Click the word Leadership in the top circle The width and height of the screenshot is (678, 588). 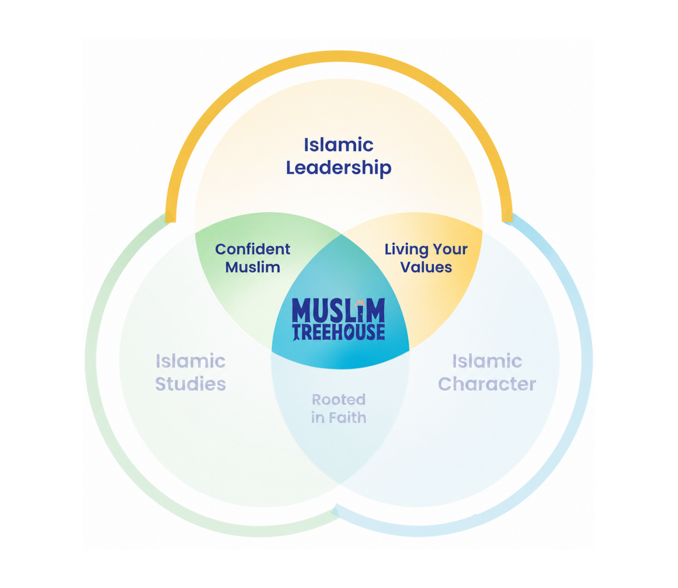(x=339, y=168)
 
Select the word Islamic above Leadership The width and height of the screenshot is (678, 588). (x=339, y=145)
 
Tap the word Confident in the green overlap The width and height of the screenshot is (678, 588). (x=253, y=249)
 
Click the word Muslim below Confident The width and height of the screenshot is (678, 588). (x=253, y=267)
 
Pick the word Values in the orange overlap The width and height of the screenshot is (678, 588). (x=426, y=267)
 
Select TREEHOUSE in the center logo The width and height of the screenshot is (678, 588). (x=339, y=332)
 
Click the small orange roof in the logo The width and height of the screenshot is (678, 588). (x=360, y=303)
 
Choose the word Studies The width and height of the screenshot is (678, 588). (x=191, y=384)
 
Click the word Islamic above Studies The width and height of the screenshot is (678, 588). (x=191, y=361)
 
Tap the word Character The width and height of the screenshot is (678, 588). (x=487, y=384)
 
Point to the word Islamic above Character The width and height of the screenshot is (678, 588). (x=487, y=361)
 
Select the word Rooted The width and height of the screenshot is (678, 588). (x=339, y=400)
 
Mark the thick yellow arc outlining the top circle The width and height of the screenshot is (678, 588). (x=339, y=56)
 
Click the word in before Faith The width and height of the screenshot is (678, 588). (x=318, y=418)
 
